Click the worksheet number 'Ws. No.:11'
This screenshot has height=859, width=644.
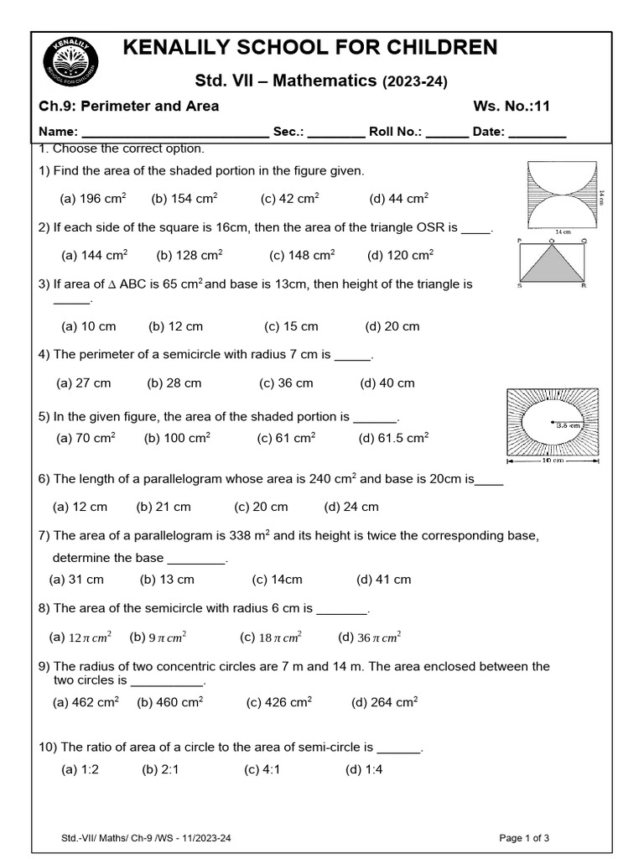(x=512, y=106)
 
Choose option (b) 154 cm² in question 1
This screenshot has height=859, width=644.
(x=184, y=199)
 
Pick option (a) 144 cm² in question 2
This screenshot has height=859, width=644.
(x=94, y=255)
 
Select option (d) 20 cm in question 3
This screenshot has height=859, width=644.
(x=392, y=326)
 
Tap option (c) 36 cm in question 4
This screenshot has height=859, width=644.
(x=286, y=383)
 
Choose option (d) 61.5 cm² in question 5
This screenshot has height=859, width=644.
(x=393, y=438)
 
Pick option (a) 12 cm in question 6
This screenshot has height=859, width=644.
(x=80, y=507)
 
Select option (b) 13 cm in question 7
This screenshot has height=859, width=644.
(x=167, y=580)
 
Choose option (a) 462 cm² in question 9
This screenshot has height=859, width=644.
(x=86, y=703)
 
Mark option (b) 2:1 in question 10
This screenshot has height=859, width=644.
(x=160, y=769)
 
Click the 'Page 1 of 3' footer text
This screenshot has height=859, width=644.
(x=524, y=838)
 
